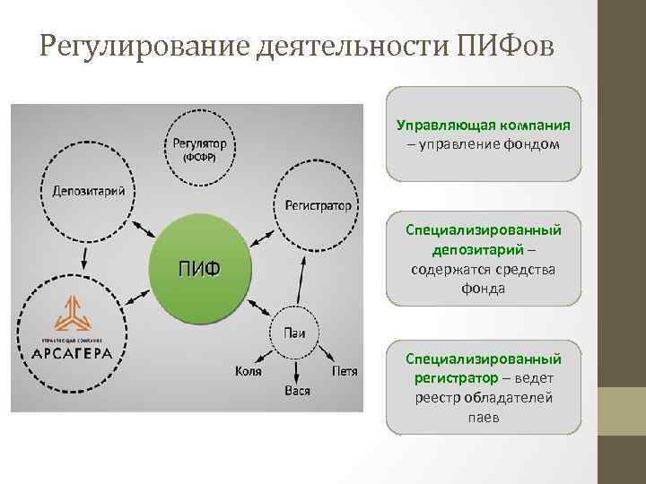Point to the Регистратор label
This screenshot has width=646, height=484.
pos(318,205)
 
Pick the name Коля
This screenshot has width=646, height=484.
pos(249,370)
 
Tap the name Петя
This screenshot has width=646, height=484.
pos(344,370)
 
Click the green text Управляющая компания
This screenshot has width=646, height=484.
pos(484,125)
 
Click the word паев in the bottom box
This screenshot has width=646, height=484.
pos(484,418)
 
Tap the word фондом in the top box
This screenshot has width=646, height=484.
pos(530,144)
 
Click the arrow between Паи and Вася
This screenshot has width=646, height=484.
pos(295,364)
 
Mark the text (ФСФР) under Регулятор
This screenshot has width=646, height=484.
pos(198,158)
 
